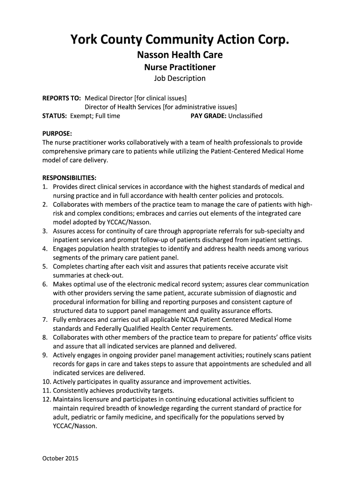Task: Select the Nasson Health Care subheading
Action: coord(180,55)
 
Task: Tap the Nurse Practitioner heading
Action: coord(180,67)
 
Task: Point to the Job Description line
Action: coord(180,78)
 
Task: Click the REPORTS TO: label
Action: coord(62,98)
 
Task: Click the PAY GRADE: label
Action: coord(209,116)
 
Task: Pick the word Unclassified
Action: coord(245,116)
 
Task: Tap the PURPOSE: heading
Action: coord(57,133)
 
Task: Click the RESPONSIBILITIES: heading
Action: coord(70,178)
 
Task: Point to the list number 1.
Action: coord(45,187)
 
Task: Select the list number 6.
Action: coord(45,284)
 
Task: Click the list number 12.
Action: coord(46,399)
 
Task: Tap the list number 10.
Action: coord(46,382)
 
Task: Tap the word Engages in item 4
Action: coord(66,249)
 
